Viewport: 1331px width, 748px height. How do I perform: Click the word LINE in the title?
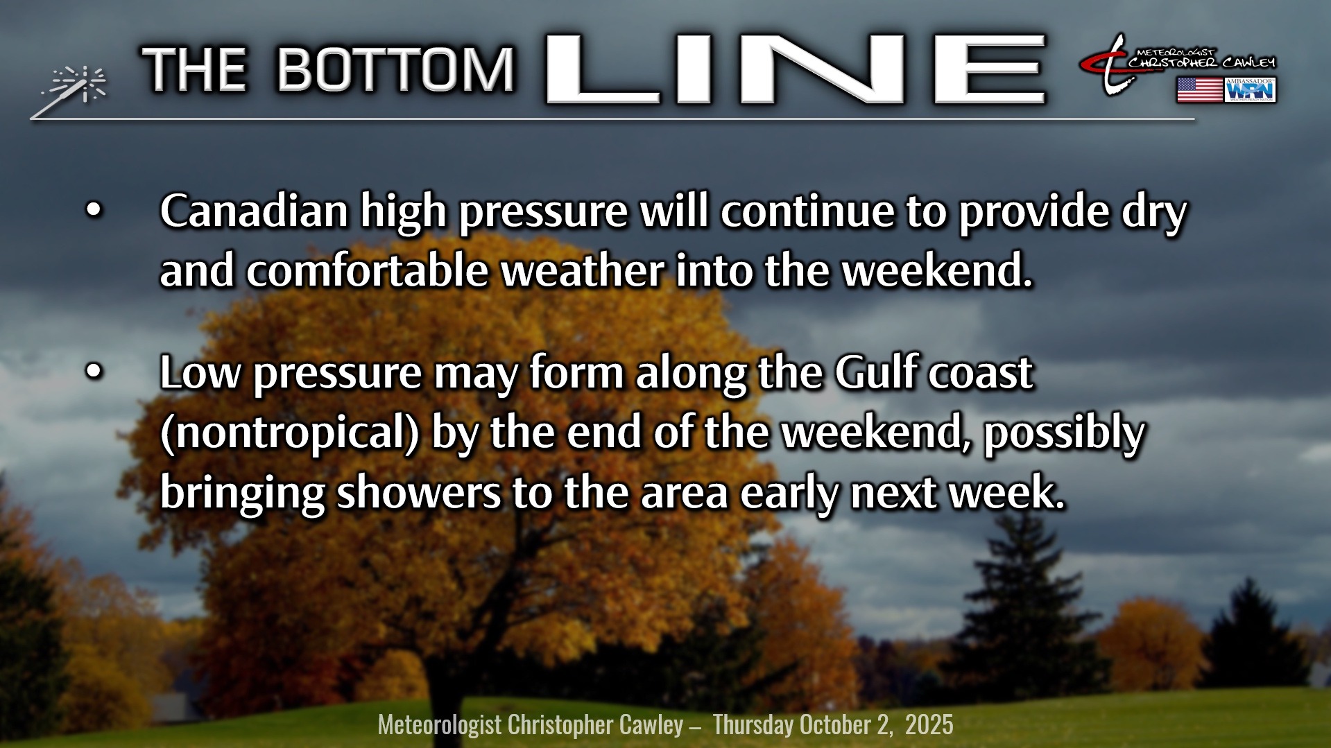pyautogui.click(x=796, y=69)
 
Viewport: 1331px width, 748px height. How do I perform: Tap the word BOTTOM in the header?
pyautogui.click(x=396, y=69)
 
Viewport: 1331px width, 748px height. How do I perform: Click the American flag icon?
pyautogui.click(x=1199, y=90)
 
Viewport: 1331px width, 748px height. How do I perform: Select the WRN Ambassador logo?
pyautogui.click(x=1250, y=90)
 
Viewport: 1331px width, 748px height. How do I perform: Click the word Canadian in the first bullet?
pyautogui.click(x=254, y=211)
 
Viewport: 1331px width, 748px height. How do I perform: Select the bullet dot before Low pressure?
pyautogui.click(x=93, y=372)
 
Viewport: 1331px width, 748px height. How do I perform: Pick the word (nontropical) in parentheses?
pyautogui.click(x=290, y=433)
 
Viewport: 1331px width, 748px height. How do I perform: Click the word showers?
pyautogui.click(x=419, y=492)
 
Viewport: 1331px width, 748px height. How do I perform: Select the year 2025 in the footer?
pyautogui.click(x=929, y=724)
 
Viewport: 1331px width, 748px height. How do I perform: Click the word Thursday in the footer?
pyautogui.click(x=753, y=725)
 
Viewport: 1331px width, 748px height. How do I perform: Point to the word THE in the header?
pyautogui.click(x=194, y=69)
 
